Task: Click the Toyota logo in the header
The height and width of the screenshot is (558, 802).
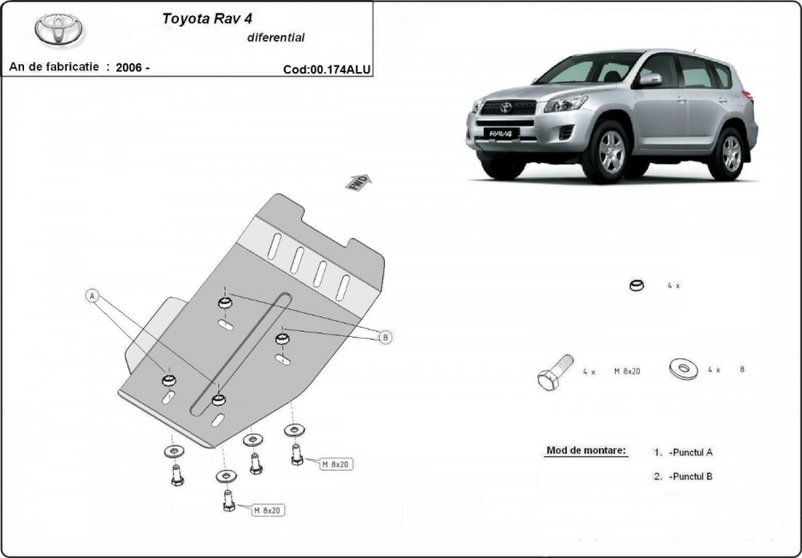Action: point(61,29)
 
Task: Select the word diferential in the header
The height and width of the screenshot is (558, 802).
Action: point(275,37)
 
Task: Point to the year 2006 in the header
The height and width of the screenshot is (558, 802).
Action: point(128,67)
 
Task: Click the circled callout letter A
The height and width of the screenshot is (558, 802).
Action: point(92,295)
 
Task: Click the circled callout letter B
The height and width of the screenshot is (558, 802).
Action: point(386,337)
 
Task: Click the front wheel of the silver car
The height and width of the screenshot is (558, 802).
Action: point(612,152)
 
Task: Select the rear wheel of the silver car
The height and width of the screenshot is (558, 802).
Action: point(731,152)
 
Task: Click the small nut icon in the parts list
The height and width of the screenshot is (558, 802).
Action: point(636,285)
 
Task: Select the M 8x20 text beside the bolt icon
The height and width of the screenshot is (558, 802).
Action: point(626,370)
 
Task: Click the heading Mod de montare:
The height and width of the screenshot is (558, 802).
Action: point(585,451)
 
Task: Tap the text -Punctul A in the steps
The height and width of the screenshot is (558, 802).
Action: point(691,453)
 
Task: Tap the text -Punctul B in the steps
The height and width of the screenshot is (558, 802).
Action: point(691,476)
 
